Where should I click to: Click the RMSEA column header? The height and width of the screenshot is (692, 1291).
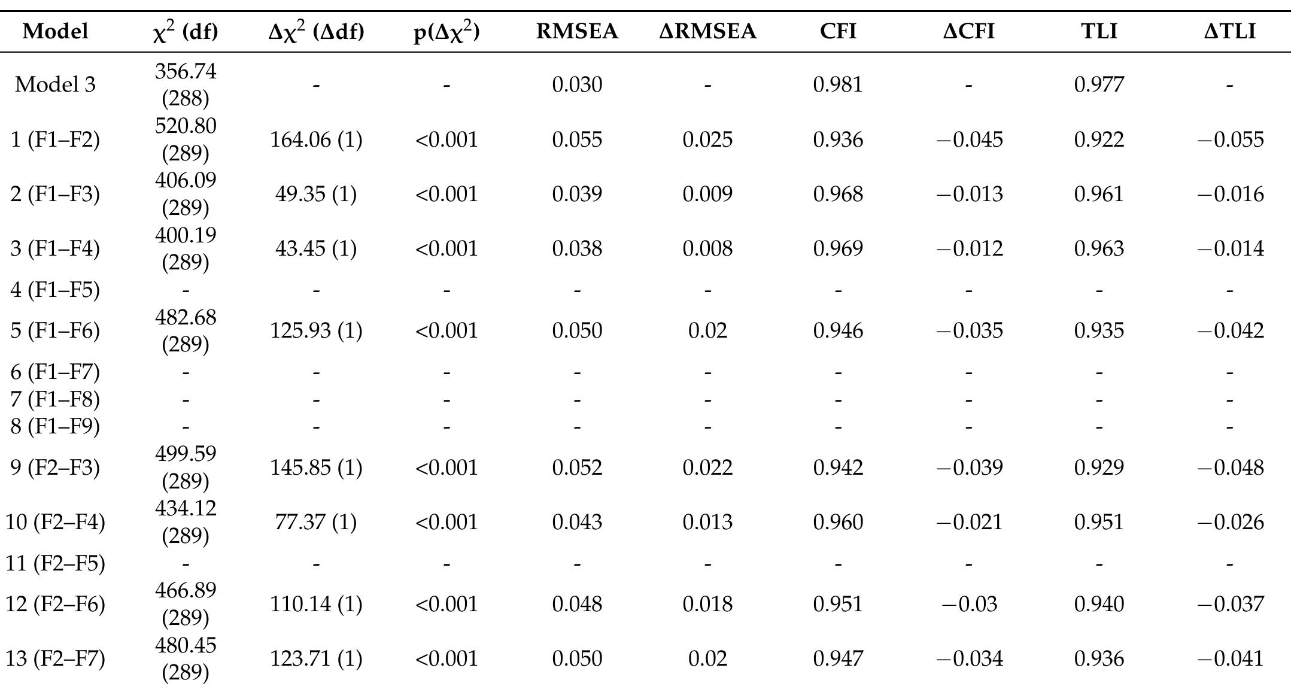point(576,31)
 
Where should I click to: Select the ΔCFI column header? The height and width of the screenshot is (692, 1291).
point(968,31)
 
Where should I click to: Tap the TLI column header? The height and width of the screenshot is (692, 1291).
point(1099,31)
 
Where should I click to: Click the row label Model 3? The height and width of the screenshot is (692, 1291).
point(55,84)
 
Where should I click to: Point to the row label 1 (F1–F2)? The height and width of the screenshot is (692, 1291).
point(55,139)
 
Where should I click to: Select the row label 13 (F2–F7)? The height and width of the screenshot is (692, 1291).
point(55,658)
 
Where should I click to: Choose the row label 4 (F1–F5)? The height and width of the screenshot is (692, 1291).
point(55,290)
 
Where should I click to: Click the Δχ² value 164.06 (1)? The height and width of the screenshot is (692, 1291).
point(316,139)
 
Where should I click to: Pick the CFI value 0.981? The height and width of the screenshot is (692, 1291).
point(837,84)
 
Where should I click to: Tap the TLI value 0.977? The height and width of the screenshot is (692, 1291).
point(1099,84)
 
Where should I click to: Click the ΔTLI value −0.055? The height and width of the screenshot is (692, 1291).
point(1230,139)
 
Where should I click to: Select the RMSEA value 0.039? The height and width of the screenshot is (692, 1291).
point(576,194)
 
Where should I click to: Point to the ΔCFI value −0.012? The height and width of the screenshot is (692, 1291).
point(968,248)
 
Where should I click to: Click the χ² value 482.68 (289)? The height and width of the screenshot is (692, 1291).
point(186,330)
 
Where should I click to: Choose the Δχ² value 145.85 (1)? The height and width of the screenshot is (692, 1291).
point(316,468)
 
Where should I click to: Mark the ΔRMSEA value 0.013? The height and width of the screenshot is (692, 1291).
point(707,522)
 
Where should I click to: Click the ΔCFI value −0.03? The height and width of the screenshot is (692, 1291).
point(968,604)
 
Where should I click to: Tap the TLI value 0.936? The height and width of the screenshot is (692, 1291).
point(1099,658)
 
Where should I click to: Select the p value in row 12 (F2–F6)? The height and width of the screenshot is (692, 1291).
point(446,604)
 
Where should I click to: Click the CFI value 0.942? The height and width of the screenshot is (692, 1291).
point(837,468)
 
